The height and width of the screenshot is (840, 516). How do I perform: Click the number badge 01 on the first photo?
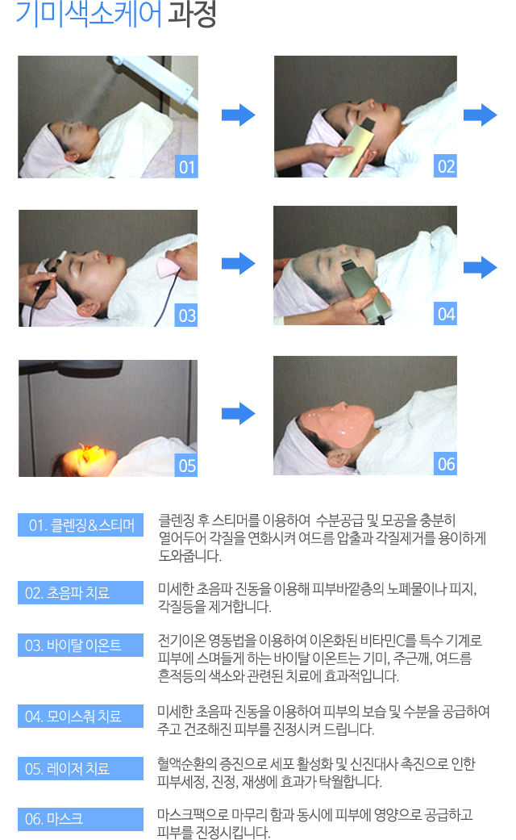pos(186,166)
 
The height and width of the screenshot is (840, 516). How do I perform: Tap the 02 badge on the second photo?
pos(445,166)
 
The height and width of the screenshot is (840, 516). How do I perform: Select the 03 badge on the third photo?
pos(186,316)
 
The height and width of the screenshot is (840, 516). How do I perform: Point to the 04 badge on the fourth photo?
pos(445,313)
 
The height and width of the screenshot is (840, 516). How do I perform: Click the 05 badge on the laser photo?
pos(186,466)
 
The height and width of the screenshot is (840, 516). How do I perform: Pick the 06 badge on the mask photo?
pos(445,463)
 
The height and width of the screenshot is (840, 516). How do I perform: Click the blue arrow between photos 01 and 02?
pos(238,115)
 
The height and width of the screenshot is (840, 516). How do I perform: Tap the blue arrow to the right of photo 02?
pos(481,115)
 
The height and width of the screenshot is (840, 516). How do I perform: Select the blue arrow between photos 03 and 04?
pos(238,263)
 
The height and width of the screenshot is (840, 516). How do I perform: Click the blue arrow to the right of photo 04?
pos(481,267)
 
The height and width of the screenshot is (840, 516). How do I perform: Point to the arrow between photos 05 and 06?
pos(238,413)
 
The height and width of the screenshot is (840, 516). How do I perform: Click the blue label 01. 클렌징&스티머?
pos(81,525)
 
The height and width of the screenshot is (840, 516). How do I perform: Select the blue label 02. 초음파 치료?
pos(81,592)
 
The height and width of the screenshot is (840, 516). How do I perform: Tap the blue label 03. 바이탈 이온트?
pos(81,645)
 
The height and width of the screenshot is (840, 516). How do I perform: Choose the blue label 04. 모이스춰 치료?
pos(81,716)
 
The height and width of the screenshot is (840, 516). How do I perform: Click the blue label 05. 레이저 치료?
pos(81,768)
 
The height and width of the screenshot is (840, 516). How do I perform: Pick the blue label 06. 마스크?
pos(81,818)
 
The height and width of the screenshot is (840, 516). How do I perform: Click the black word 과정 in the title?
pos(192,14)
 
